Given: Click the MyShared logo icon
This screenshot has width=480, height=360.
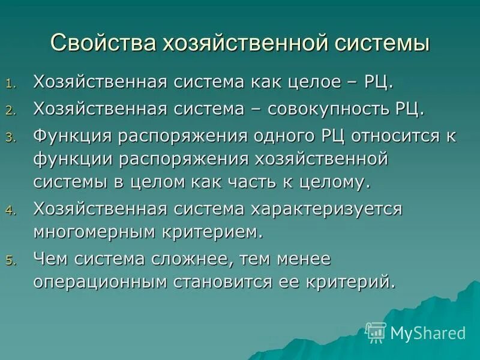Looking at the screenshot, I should point(376,332).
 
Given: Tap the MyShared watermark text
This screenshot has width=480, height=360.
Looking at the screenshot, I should point(428,332).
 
